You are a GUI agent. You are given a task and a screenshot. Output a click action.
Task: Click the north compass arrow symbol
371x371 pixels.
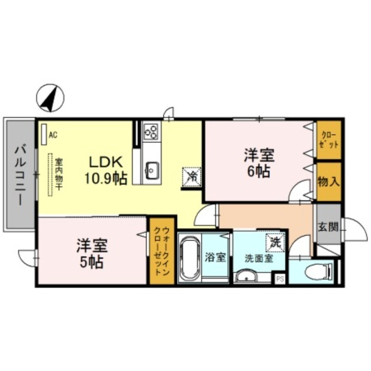point(51,98)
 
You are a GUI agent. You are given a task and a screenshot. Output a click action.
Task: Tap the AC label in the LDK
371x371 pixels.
point(52,135)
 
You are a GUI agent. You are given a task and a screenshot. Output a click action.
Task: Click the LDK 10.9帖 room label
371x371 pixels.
point(105,170)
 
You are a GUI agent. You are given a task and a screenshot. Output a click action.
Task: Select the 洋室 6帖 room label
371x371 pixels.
point(260,163)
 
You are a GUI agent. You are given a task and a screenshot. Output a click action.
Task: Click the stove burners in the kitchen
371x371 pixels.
point(151,132)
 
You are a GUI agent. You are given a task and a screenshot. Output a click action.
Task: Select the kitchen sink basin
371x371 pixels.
point(152,170)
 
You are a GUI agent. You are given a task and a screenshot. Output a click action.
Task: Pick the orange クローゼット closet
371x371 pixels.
point(329,140)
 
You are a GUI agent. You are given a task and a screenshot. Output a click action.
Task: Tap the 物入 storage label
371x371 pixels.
point(328,181)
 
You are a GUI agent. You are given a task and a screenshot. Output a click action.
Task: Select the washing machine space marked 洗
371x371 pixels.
point(275,242)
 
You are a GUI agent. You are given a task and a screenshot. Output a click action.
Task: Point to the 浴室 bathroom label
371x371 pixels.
point(216,257)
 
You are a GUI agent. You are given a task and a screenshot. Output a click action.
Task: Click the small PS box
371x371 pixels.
point(280,278)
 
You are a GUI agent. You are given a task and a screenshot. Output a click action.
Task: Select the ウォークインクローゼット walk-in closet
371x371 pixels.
point(162,251)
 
